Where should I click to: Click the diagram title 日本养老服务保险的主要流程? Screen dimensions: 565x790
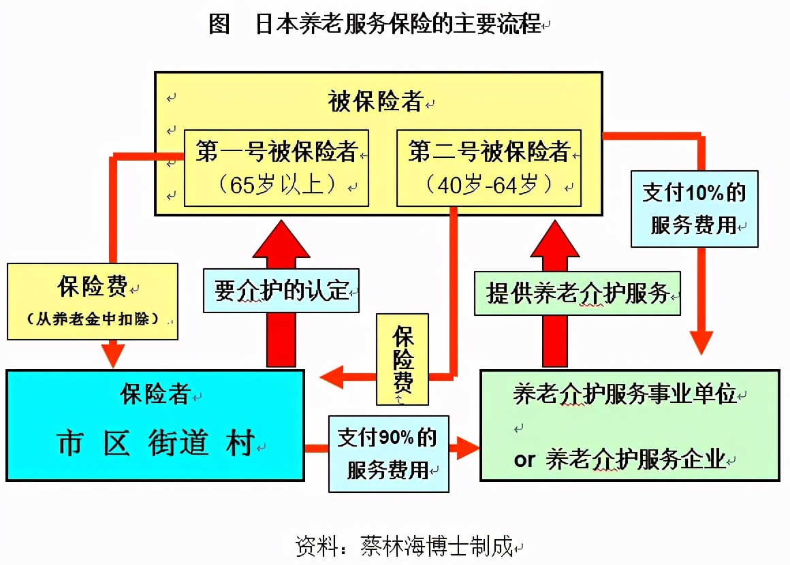398,25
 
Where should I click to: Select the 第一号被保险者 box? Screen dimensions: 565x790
276,167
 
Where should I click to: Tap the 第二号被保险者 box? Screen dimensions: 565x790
488,167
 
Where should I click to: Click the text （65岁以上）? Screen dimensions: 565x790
284,185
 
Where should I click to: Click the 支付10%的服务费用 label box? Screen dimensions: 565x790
694,208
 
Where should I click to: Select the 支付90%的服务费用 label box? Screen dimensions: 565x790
388,453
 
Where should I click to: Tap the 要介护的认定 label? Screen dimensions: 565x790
281,291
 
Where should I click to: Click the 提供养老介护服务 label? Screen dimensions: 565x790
578,293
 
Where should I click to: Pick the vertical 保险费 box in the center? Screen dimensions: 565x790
402,359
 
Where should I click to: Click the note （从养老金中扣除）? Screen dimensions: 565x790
93,318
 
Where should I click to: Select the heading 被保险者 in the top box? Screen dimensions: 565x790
376,102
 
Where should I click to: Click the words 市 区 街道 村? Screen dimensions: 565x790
155,443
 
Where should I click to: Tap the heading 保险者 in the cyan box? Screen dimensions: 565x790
155,393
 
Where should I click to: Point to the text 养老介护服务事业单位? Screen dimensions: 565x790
625,395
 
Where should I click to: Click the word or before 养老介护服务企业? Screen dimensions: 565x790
524,459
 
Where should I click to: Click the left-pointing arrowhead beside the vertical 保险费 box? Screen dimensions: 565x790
332,375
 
